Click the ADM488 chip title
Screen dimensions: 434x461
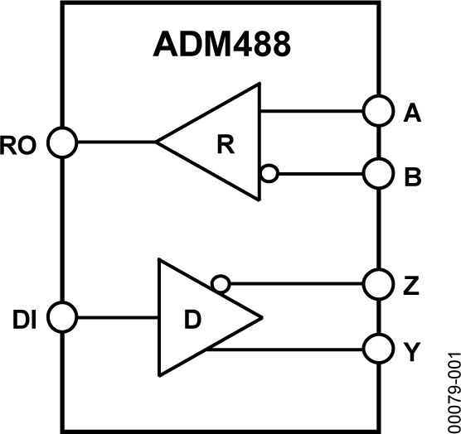click(x=222, y=45)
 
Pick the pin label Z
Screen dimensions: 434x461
click(x=411, y=286)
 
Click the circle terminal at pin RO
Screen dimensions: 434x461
click(x=61, y=142)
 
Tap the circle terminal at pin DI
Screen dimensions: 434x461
click(x=61, y=316)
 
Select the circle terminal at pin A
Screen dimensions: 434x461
click(x=377, y=111)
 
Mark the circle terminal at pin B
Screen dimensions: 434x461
click(x=377, y=174)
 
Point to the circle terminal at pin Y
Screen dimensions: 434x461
click(x=377, y=349)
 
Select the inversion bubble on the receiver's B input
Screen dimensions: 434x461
click(x=268, y=174)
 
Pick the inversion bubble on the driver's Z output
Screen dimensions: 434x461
click(x=219, y=284)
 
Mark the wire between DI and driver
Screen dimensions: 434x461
click(x=117, y=316)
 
